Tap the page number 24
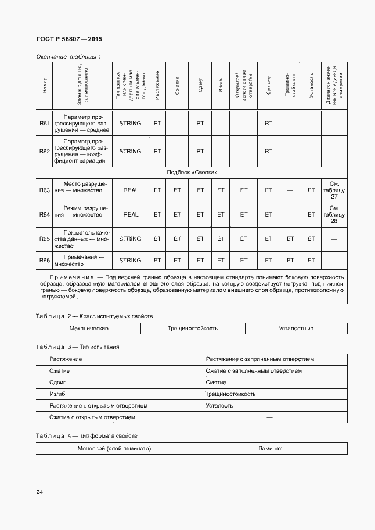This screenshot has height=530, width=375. pyautogui.click(x=39, y=492)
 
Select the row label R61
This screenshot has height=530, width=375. pyautogui.click(x=45, y=123)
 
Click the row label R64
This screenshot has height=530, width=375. pyautogui.click(x=45, y=214)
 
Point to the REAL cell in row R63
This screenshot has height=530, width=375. pyautogui.click(x=131, y=190)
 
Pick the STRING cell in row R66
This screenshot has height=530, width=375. pyautogui.click(x=130, y=260)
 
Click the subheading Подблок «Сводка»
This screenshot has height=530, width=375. pyautogui.click(x=192, y=172)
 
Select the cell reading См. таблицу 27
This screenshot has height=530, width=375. pyautogui.click(x=334, y=190)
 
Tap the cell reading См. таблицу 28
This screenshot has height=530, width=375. pyautogui.click(x=334, y=214)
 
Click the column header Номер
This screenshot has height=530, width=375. pyautogui.click(x=45, y=86)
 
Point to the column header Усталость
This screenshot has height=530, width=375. pyautogui.click(x=311, y=86)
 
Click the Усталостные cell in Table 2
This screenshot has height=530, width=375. pyautogui.click(x=295, y=329)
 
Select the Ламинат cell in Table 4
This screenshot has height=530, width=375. pyautogui.click(x=269, y=449)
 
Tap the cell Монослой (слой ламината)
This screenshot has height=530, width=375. pyautogui.click(x=114, y=449)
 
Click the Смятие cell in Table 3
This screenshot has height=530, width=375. pyautogui.click(x=216, y=383)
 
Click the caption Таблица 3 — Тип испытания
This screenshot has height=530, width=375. pyautogui.click(x=77, y=347)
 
